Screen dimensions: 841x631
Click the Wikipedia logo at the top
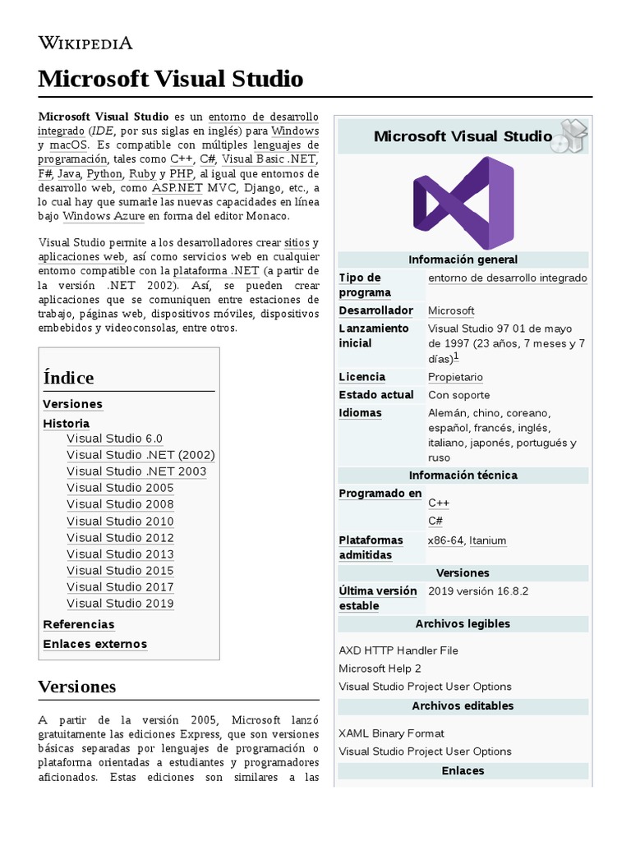tap(85, 44)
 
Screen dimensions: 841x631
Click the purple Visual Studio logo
tap(463, 202)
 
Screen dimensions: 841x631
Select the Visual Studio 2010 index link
tap(120, 521)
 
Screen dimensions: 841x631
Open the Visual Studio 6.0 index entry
tap(114, 439)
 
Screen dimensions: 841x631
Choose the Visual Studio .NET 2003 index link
tap(136, 471)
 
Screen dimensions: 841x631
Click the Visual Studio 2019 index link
tap(120, 603)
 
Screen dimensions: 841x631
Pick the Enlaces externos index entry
tap(94, 644)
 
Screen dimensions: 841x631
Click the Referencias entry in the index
tap(78, 624)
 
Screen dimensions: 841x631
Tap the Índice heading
tap(68, 378)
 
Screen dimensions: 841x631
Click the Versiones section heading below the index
tap(77, 687)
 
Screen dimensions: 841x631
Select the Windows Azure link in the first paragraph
tap(104, 216)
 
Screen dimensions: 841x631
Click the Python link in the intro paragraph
tap(104, 174)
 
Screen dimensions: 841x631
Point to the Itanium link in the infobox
tap(487, 540)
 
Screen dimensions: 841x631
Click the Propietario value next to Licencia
tap(455, 377)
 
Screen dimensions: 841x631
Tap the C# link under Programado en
tap(435, 521)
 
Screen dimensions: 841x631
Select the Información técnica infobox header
tap(463, 476)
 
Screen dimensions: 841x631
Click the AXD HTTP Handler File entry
tap(398, 650)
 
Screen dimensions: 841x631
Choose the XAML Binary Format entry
tap(391, 733)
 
